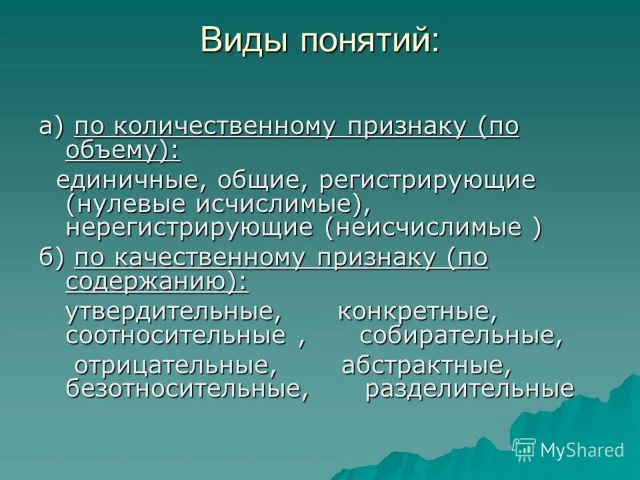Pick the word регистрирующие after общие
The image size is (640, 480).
[427, 181]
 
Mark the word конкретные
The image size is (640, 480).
[417, 312]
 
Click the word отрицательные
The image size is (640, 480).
[175, 366]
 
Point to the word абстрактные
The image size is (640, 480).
[427, 366]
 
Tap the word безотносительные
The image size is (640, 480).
[187, 389]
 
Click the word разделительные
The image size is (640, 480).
[469, 389]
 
